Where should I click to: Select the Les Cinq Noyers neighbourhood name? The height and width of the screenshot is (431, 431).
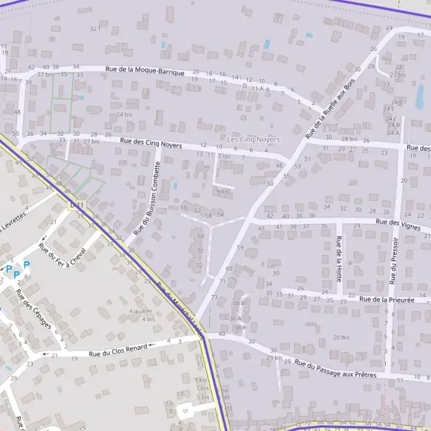pyautogui.click(x=253, y=139)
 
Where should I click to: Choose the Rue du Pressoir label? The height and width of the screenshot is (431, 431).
pyautogui.click(x=394, y=259)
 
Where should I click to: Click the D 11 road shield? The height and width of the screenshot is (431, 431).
pyautogui.click(x=77, y=205)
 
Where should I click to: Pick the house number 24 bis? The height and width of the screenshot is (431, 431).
pyautogui.click(x=124, y=115)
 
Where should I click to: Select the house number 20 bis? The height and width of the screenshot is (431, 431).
pyautogui.click(x=340, y=337)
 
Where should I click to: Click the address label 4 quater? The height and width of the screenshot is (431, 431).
pyautogui.click(x=141, y=311)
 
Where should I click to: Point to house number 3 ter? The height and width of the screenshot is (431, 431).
pyautogui.click(x=224, y=156)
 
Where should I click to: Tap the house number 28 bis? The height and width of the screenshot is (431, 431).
pyautogui.click(x=349, y=139)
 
